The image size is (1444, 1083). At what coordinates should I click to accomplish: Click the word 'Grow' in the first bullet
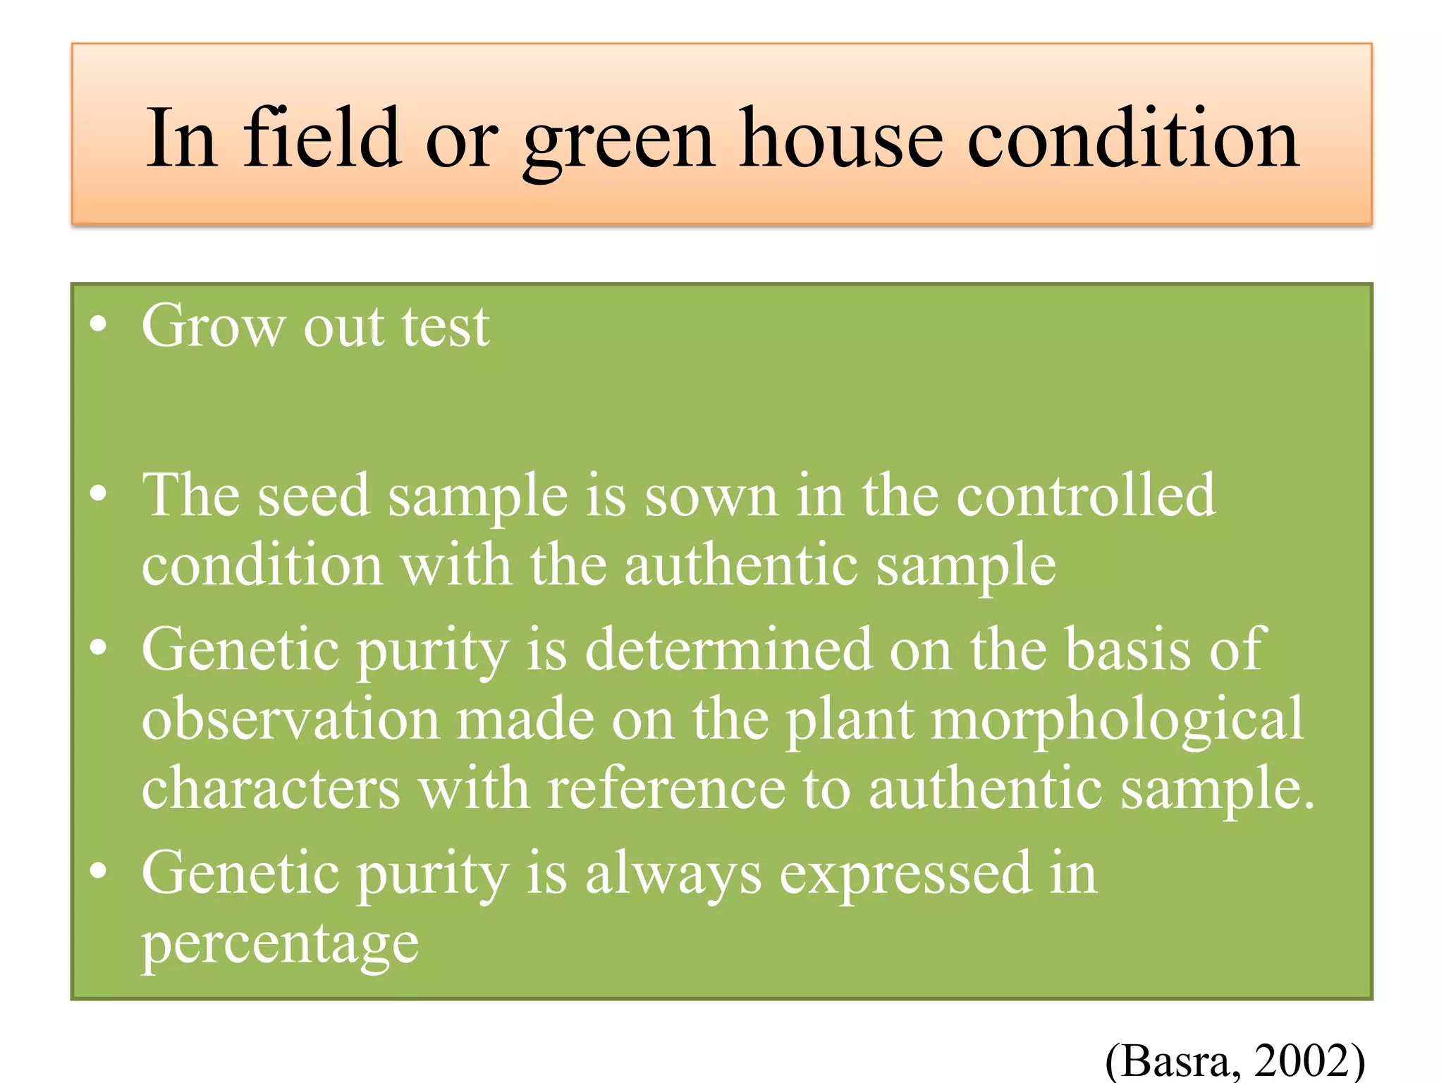[x=213, y=326]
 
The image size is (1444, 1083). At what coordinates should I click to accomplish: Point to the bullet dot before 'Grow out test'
[x=98, y=325]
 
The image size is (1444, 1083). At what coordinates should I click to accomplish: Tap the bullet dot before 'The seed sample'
[x=98, y=494]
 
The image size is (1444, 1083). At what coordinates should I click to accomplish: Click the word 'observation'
[x=290, y=719]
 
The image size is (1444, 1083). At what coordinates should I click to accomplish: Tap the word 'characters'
[x=271, y=788]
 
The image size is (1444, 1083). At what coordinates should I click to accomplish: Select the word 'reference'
[x=666, y=788]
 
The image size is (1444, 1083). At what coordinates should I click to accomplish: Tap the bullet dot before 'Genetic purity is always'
[x=98, y=871]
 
